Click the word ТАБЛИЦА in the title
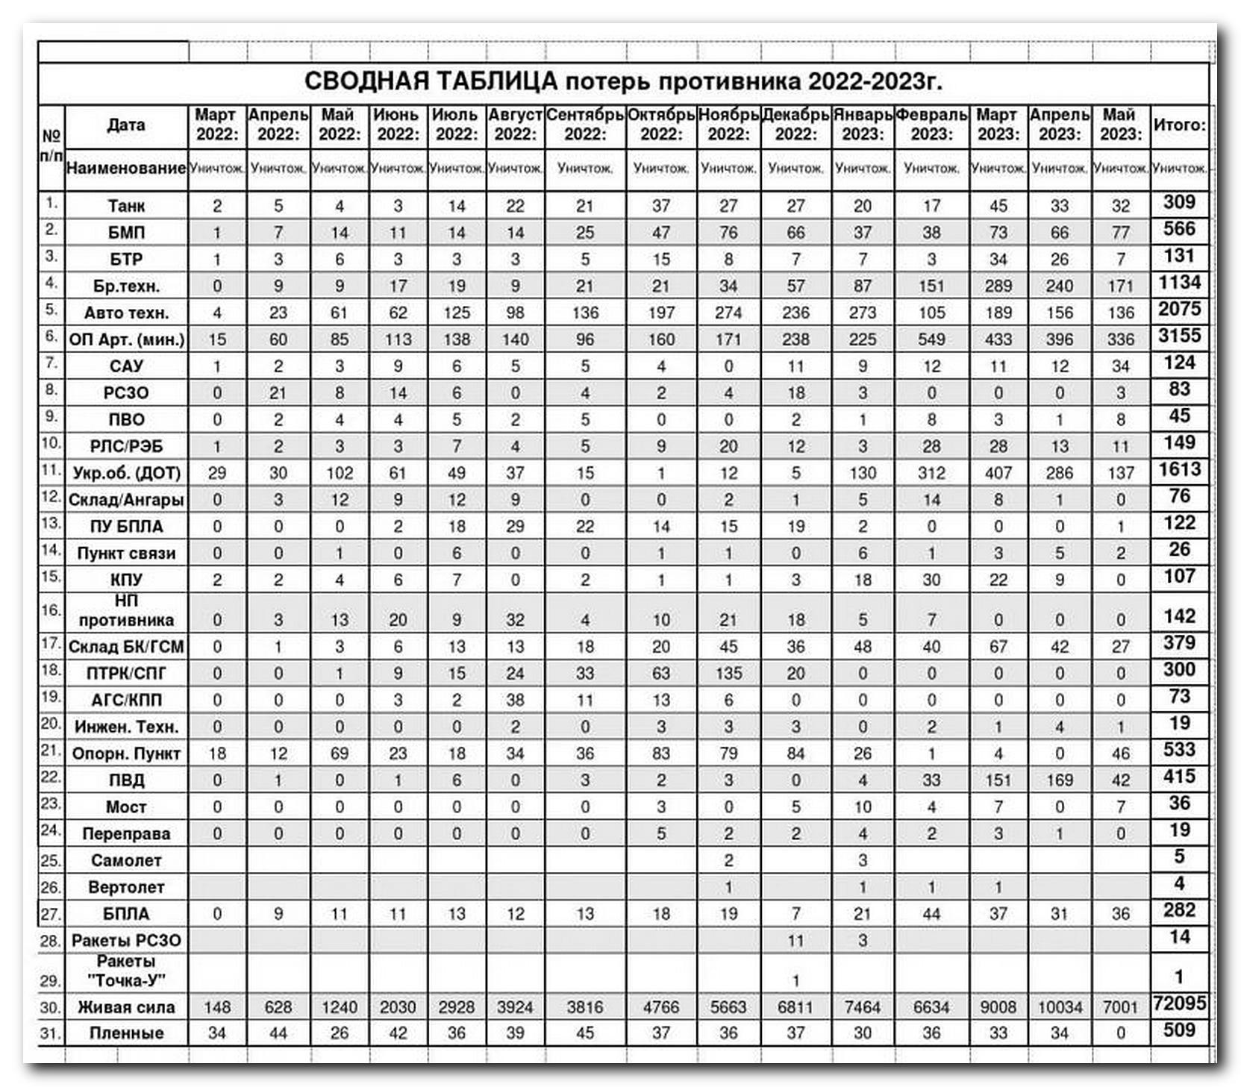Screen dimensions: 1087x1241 coord(493,81)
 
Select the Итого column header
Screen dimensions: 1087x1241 coord(1179,125)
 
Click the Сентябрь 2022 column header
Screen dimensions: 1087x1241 coord(584,125)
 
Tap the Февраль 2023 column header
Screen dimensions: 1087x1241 coord(931,125)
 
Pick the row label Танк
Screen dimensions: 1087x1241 coord(126,206)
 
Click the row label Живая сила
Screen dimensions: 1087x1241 coord(126,1007)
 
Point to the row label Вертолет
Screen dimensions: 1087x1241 coord(126,887)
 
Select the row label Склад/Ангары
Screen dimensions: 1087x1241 coord(126,500)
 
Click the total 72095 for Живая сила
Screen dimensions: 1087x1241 coord(1179,1004)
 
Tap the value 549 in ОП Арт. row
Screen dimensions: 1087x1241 coord(931,339)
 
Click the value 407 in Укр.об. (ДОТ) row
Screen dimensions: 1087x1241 coord(998,473)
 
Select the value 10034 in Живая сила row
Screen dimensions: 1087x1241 coord(1060,1007)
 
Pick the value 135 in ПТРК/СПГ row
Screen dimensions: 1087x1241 coord(728,673)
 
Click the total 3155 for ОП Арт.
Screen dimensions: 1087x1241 coord(1179,336)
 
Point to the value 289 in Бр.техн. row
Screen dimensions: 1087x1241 coord(998,286)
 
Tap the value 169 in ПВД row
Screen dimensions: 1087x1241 coord(1060,780)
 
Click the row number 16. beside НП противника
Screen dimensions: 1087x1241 coord(51,610)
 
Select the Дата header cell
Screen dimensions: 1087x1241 coord(126,125)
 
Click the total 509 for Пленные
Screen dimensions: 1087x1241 coord(1179,1030)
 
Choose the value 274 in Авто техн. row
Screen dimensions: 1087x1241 coord(728,313)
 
